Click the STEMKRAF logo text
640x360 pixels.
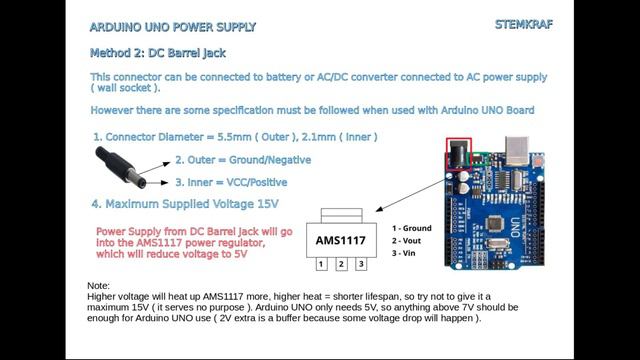click(524, 24)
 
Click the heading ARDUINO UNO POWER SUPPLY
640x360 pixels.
click(172, 26)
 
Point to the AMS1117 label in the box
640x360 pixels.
click(341, 241)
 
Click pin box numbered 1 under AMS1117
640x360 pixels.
click(320, 265)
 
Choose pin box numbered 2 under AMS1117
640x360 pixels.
click(341, 265)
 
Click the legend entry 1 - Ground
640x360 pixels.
click(412, 228)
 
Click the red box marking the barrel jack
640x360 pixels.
click(458, 153)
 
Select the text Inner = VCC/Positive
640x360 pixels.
click(231, 182)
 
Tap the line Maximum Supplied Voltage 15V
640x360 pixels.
click(185, 204)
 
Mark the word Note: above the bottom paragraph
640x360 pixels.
click(99, 286)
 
